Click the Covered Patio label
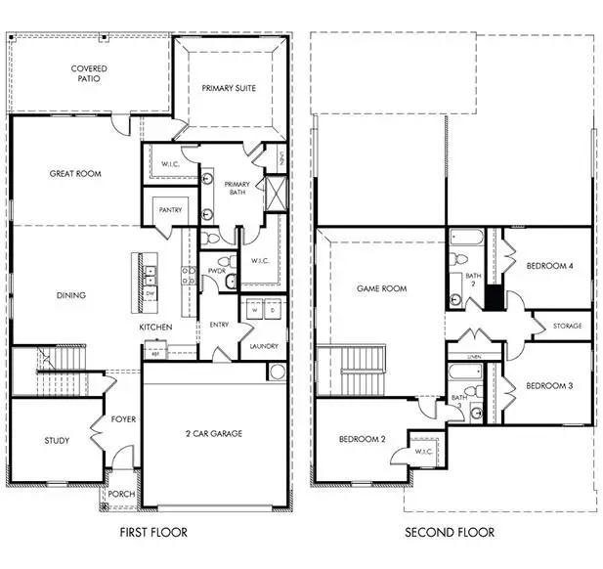[x=89, y=75]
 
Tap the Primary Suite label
[x=229, y=88]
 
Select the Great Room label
[x=76, y=174]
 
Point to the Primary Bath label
[x=237, y=189]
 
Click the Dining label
[x=70, y=295]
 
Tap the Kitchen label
[x=155, y=327]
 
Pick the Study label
[x=57, y=441]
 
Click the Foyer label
[x=123, y=419]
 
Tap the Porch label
[x=121, y=494]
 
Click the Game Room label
[x=381, y=289]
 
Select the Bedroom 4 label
[x=550, y=266]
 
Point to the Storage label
[x=567, y=326]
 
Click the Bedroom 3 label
[x=549, y=386]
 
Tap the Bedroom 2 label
[x=362, y=440]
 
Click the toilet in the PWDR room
[x=224, y=262]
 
